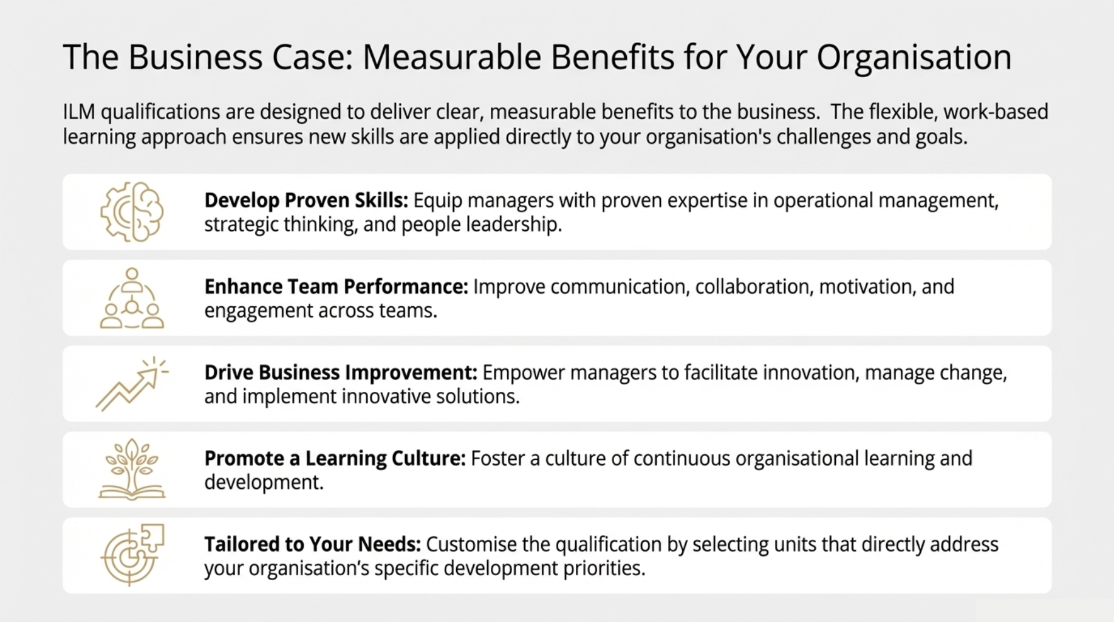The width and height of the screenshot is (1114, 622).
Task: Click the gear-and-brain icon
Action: click(132, 212)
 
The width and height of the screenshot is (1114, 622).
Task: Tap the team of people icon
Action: click(132, 298)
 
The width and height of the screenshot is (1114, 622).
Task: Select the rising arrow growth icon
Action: click(132, 384)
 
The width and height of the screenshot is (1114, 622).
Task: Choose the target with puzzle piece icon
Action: click(132, 555)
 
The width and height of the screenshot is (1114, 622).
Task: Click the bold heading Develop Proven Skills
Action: click(306, 200)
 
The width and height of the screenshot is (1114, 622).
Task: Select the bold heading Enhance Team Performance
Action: click(337, 287)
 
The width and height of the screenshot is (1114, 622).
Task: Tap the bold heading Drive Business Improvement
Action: click(341, 372)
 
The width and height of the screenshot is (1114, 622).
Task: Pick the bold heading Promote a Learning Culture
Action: click(335, 458)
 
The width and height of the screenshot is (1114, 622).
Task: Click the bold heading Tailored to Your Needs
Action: click(312, 544)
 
